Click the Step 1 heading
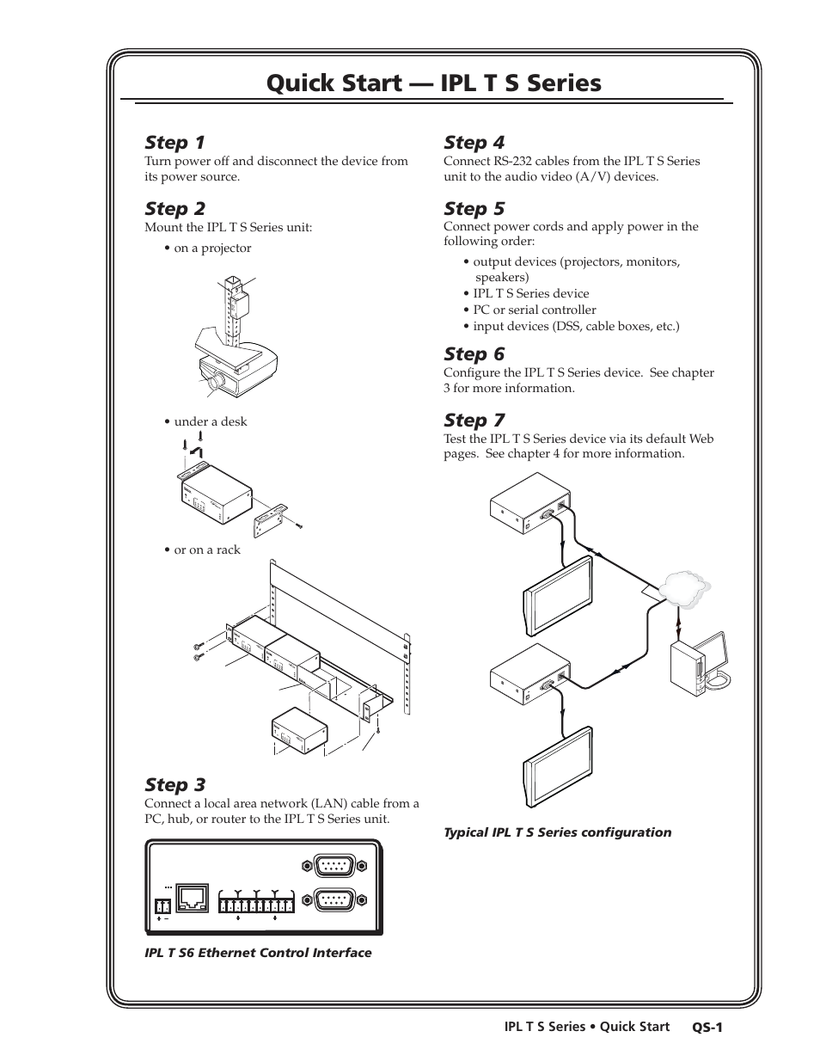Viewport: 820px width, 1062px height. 174,142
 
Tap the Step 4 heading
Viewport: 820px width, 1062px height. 474,142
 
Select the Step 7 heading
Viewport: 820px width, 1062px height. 474,420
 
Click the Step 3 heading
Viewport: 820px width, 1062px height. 174,784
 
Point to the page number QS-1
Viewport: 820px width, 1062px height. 709,1027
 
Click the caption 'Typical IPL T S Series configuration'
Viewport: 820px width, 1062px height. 557,832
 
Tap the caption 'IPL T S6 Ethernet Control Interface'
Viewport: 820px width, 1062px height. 258,953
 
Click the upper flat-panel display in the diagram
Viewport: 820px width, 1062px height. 559,596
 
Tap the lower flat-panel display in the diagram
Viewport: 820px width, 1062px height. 559,765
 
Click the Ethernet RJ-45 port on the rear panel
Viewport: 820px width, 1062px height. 191,898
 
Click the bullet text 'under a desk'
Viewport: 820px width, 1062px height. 210,421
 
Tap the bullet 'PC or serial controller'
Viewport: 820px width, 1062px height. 534,310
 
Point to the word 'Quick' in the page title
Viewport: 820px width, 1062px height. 298,83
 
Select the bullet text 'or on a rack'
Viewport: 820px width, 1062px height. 206,549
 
